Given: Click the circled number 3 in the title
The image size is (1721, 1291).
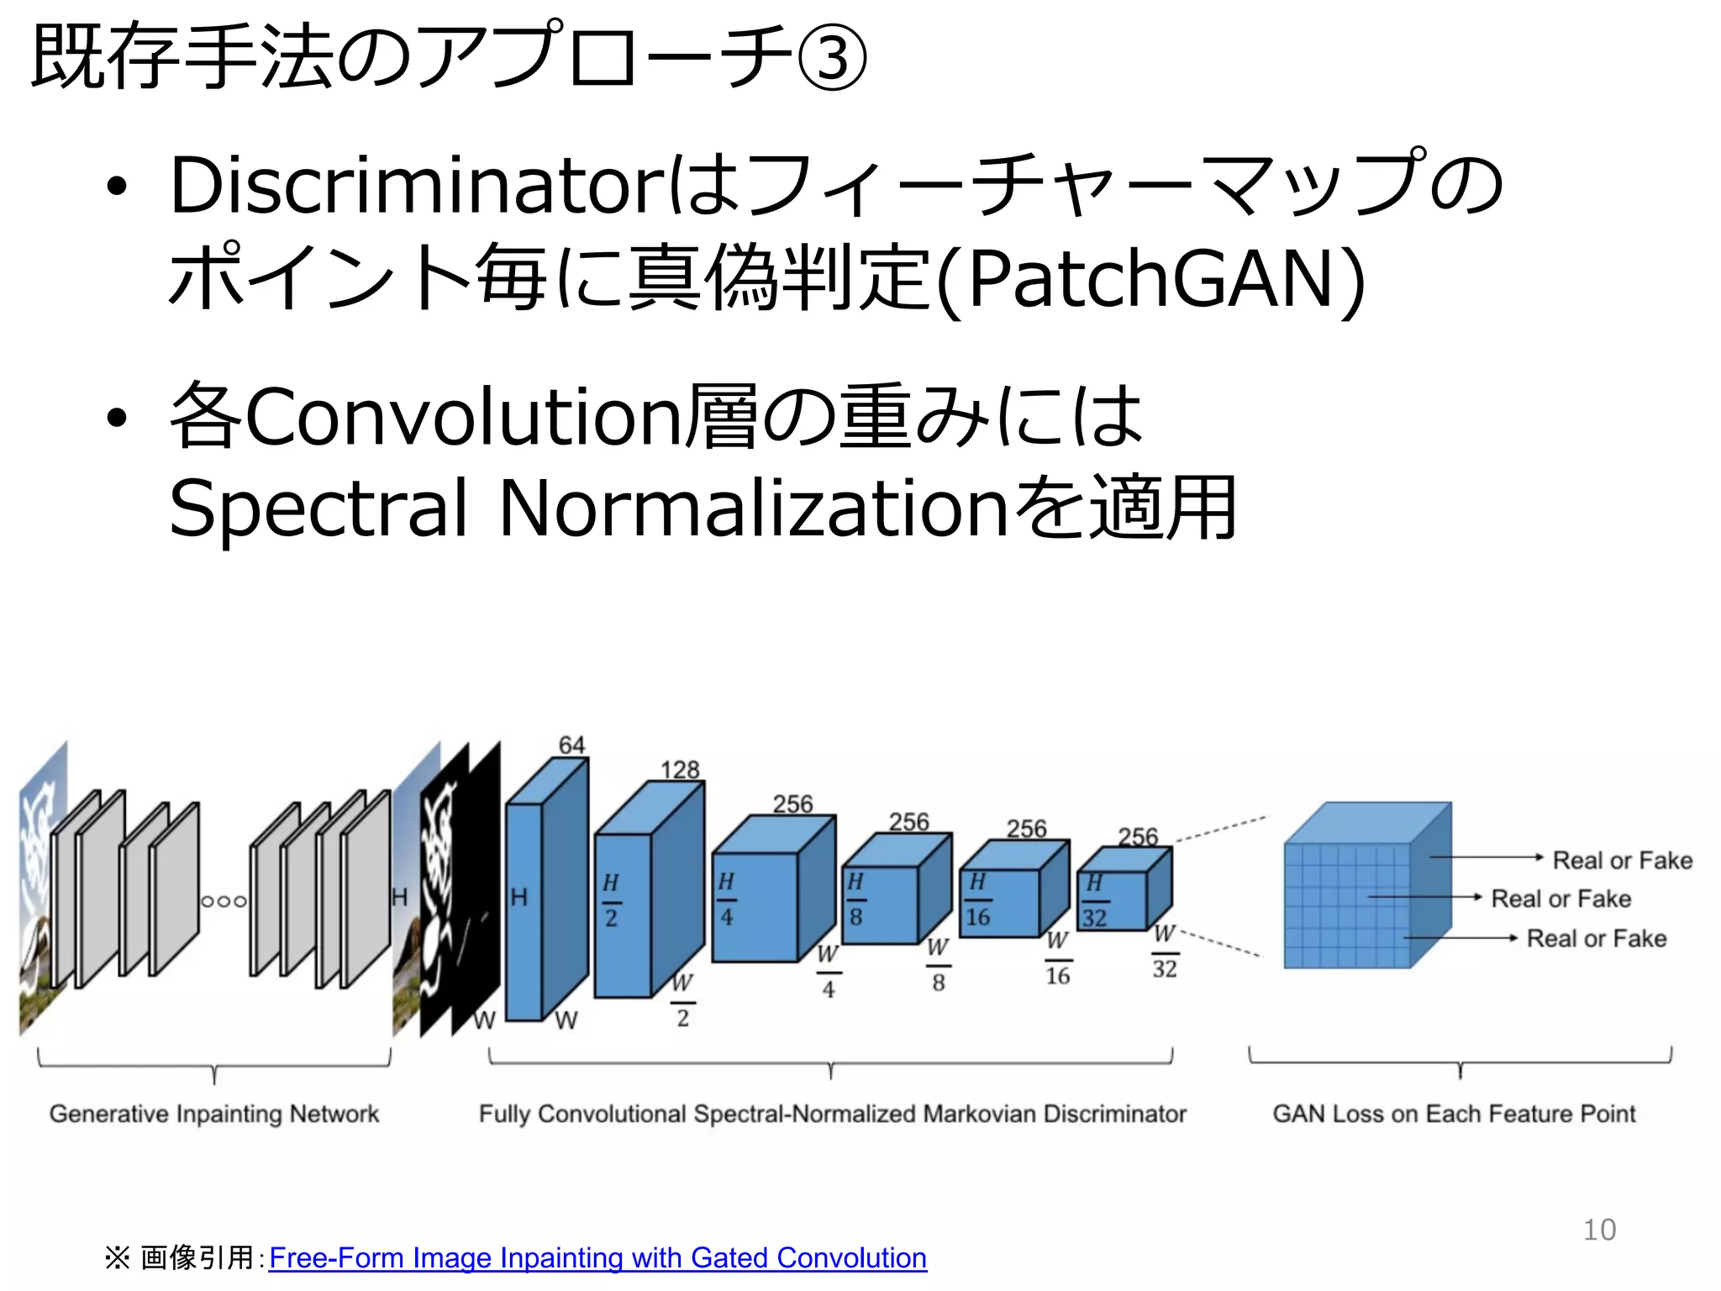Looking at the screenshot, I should [831, 58].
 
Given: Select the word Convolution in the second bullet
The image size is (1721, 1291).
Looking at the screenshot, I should [462, 417].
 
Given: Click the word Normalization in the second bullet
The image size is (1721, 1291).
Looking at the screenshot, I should [753, 508].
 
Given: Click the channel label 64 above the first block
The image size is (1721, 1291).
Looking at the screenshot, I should [571, 745].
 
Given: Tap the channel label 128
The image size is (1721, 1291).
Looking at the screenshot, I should [679, 770].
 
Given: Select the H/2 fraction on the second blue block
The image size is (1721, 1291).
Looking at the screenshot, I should [611, 900].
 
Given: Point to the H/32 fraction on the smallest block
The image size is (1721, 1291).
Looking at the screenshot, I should [1094, 900].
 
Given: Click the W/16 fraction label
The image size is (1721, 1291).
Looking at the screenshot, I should [1058, 958].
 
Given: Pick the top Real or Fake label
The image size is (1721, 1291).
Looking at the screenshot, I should [1622, 861].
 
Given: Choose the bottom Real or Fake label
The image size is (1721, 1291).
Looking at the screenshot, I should [1596, 939].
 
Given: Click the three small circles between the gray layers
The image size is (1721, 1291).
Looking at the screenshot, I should [224, 901].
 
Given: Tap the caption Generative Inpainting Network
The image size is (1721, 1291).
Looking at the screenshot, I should [214, 1114].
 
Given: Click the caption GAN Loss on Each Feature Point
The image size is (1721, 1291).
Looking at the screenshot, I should [1454, 1114].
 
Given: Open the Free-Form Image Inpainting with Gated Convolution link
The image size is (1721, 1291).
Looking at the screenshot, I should [597, 1257].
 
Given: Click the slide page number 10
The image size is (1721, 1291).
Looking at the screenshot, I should [1599, 1230].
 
